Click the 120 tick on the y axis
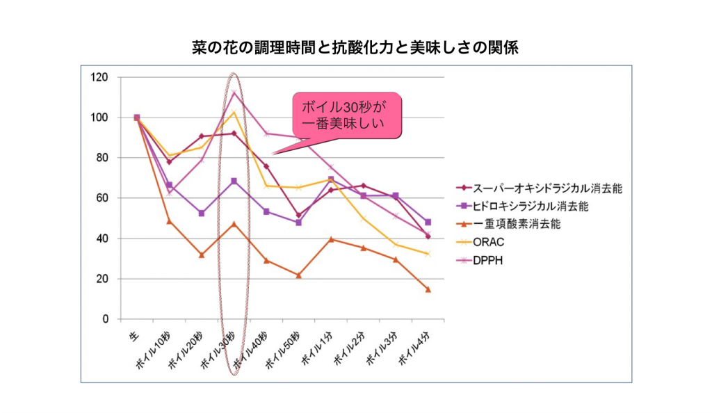tap(99, 77)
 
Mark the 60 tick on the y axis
tap(102, 198)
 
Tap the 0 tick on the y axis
tap(105, 319)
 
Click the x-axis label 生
tap(133, 337)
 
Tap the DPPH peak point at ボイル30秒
tap(234, 92)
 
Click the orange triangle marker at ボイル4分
tap(428, 289)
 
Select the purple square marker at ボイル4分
tap(428, 222)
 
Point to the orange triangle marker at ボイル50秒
tap(299, 275)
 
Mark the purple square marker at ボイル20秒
tap(202, 213)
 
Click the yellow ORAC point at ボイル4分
tap(428, 254)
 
